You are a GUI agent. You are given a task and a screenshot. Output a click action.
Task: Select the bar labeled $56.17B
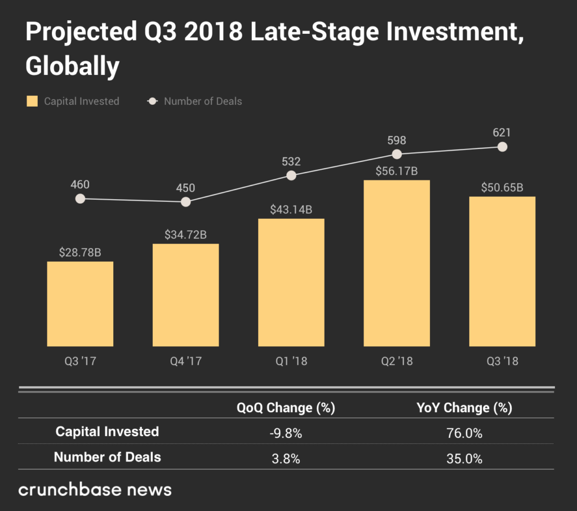[397, 263]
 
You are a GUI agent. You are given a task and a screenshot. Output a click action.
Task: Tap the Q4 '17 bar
[185, 294]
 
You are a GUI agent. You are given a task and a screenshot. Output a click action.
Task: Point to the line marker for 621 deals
[503, 147]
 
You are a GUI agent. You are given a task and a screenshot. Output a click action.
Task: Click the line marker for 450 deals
[186, 201]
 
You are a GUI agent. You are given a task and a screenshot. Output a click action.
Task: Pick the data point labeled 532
[291, 175]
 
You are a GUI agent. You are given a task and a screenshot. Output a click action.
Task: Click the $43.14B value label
[291, 210]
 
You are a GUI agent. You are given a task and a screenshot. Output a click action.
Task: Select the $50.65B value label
[502, 188]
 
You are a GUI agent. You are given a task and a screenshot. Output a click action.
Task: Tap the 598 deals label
[397, 140]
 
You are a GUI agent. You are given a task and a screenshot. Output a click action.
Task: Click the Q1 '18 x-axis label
[291, 361]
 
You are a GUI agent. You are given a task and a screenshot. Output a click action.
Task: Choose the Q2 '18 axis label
[397, 361]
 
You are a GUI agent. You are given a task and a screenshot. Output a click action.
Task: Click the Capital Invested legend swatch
[32, 102]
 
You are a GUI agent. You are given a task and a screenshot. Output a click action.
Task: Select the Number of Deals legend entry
[202, 102]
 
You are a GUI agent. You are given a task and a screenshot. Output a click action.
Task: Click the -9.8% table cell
[285, 433]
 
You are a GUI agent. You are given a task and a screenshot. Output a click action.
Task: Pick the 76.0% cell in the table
[464, 433]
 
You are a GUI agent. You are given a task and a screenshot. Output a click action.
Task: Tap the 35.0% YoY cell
[464, 458]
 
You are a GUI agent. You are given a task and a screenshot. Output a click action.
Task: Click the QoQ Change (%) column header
[285, 408]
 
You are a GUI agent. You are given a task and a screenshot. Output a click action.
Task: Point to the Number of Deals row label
[107, 457]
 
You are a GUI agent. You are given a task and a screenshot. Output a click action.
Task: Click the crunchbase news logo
[95, 489]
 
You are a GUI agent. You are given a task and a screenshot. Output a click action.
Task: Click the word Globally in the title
[73, 67]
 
